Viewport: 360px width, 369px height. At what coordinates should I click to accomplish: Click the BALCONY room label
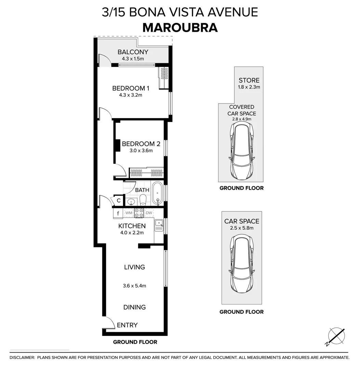(x=133, y=52)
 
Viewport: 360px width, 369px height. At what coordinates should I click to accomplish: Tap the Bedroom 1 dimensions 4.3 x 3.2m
(x=130, y=95)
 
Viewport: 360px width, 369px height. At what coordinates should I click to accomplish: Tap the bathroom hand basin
(x=130, y=202)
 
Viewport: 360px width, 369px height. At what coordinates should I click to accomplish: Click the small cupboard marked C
(x=119, y=201)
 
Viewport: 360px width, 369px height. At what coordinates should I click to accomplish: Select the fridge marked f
(x=118, y=214)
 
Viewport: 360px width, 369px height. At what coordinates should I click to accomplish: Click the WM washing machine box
(x=129, y=213)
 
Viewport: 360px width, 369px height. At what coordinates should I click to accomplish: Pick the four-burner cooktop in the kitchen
(x=139, y=213)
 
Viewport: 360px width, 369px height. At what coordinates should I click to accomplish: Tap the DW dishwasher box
(x=149, y=213)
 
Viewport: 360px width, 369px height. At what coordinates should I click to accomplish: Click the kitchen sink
(x=159, y=224)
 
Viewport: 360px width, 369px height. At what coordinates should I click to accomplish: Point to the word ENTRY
(x=127, y=325)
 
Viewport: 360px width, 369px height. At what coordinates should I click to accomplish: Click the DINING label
(x=134, y=307)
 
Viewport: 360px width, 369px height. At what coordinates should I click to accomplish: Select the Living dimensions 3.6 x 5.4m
(x=135, y=286)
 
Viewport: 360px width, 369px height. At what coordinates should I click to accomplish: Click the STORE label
(x=249, y=80)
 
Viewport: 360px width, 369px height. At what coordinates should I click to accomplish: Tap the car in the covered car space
(x=241, y=151)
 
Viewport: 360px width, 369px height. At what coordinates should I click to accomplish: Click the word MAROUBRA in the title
(x=180, y=28)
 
